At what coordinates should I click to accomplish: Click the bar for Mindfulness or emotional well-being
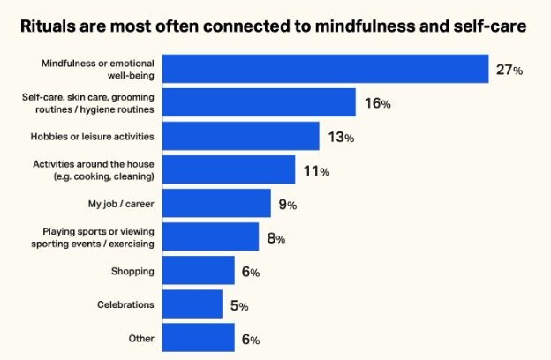click(327, 69)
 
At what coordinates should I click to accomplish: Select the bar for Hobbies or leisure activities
click(242, 136)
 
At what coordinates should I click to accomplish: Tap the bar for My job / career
click(218, 203)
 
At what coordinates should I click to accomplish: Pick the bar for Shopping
click(200, 271)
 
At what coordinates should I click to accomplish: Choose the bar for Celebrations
click(193, 304)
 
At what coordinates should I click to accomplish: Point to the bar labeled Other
click(200, 337)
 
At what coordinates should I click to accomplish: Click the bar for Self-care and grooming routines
click(260, 102)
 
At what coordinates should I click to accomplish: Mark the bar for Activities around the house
click(230, 169)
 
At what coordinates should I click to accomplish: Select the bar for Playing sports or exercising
click(212, 236)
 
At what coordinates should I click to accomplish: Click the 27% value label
click(509, 70)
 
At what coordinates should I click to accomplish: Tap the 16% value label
click(377, 103)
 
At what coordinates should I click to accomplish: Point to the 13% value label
click(341, 137)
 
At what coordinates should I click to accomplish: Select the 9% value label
click(288, 205)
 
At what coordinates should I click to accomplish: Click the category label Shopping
click(133, 271)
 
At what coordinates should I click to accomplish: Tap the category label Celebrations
click(126, 304)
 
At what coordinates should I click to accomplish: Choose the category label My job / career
click(122, 204)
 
